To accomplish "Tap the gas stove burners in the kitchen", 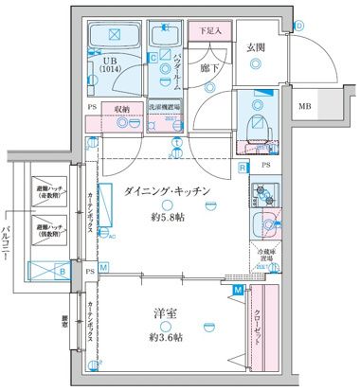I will [x=260, y=195].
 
